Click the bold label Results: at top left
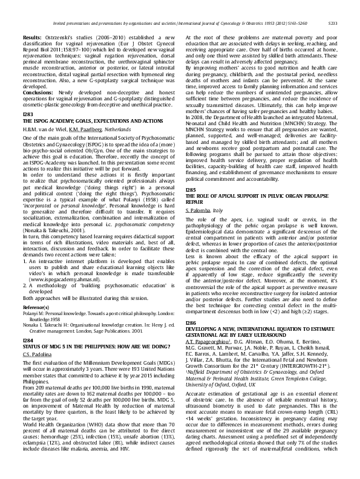(31, 37)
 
